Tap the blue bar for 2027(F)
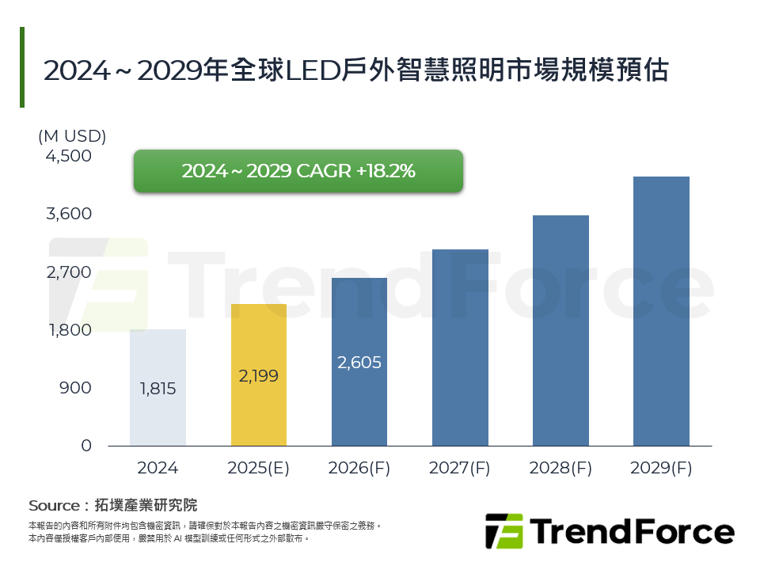tap(460, 348)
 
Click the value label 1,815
tap(158, 389)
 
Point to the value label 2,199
tap(259, 376)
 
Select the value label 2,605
tap(359, 363)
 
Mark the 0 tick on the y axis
tap(86, 446)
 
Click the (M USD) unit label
tap(72, 135)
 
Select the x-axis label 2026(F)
tap(359, 468)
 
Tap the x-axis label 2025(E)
tap(259, 468)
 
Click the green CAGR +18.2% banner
tap(298, 171)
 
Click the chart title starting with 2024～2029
tap(356, 70)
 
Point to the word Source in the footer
tap(54, 505)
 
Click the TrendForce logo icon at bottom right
tap(503, 531)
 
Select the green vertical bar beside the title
tap(22, 67)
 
